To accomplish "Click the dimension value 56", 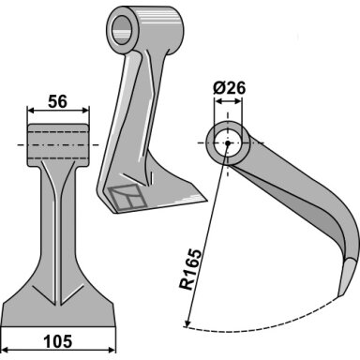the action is [x=58, y=102].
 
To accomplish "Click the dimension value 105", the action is [x=58, y=341].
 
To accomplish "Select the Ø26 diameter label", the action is [x=230, y=88].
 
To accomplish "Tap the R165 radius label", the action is [x=190, y=269].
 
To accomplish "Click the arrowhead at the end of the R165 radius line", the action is [x=187, y=324].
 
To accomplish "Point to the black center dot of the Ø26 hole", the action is [x=228, y=143].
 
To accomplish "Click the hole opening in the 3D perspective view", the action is [x=122, y=30].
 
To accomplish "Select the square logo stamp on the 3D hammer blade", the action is [x=127, y=197].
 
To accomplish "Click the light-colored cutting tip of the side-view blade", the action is [x=346, y=277].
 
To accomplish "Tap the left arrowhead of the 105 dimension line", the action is [x=6, y=350].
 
